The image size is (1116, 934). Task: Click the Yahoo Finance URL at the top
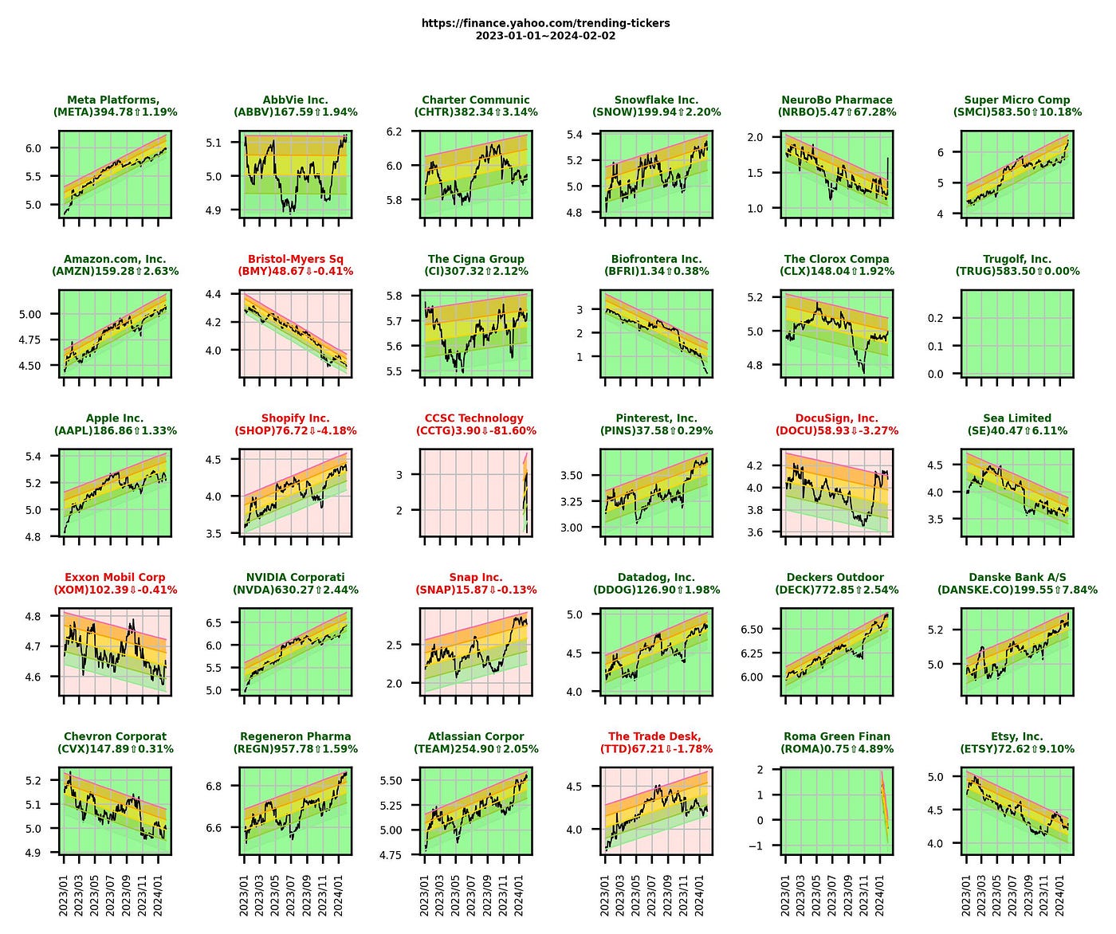[x=545, y=23]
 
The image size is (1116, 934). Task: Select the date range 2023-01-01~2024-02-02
[x=545, y=36]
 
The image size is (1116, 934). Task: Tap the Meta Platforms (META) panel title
[x=115, y=106]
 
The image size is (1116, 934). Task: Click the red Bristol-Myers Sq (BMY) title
[x=295, y=265]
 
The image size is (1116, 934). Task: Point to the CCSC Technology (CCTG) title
[x=475, y=425]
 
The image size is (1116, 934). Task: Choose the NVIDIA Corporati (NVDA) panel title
[x=295, y=584]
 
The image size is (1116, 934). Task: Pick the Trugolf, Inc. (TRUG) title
[x=1017, y=265]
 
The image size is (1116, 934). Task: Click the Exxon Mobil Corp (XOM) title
[x=115, y=584]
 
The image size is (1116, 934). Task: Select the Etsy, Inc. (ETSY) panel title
[x=1017, y=744]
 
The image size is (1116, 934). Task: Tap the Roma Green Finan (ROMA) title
[x=836, y=744]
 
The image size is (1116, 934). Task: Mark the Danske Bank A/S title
[x=1017, y=584]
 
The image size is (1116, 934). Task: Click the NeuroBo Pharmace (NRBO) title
[x=836, y=106]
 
